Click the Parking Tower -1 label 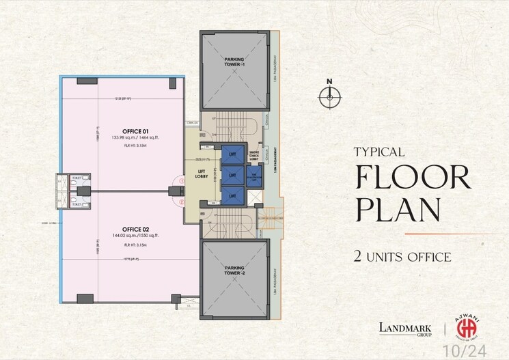[x=234, y=62]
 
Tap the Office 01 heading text [x=117, y=130]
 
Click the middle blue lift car [x=232, y=176]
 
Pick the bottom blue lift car [x=232, y=195]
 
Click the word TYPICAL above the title [x=379, y=152]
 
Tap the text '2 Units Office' [x=402, y=258]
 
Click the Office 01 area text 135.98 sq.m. [x=117, y=138]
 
